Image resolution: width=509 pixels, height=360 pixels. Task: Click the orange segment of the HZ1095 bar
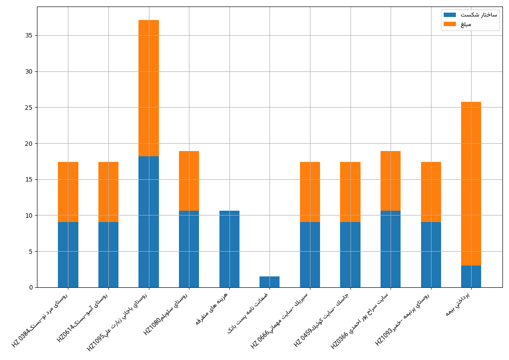coord(149,88)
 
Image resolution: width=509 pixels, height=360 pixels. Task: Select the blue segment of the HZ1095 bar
coord(149,222)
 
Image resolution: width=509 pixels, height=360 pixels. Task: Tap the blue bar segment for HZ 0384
coord(68,255)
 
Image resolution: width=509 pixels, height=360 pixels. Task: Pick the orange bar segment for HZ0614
coord(108,192)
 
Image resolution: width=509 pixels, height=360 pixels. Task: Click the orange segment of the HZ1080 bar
coord(189,181)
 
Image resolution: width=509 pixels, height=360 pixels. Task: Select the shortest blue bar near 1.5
coord(270,282)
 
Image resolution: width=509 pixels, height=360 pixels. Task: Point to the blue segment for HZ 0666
coord(310,255)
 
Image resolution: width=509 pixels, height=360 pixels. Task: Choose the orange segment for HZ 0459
coord(351,192)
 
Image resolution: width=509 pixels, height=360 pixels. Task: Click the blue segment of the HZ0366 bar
coord(391,249)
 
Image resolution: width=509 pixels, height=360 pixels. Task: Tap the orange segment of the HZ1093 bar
coord(431,192)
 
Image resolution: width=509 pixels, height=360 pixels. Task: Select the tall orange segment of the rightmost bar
coord(471,184)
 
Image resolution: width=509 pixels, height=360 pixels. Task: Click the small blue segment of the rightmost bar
coord(471,276)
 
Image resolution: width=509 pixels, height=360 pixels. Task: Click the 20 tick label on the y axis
coord(29,143)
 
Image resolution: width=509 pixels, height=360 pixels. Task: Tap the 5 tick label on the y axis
coord(30,251)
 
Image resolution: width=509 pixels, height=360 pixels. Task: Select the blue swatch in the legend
coord(449,15)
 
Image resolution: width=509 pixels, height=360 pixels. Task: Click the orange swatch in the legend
coord(449,24)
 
